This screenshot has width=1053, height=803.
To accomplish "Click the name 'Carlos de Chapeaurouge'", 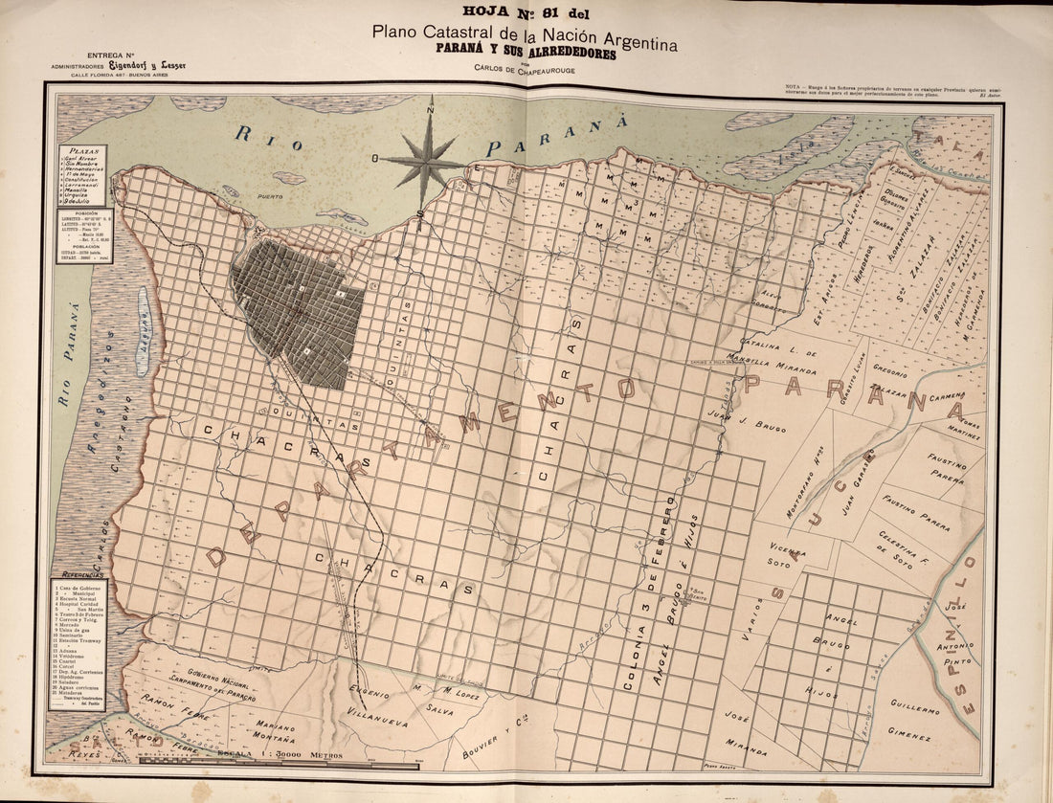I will (x=527, y=67).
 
